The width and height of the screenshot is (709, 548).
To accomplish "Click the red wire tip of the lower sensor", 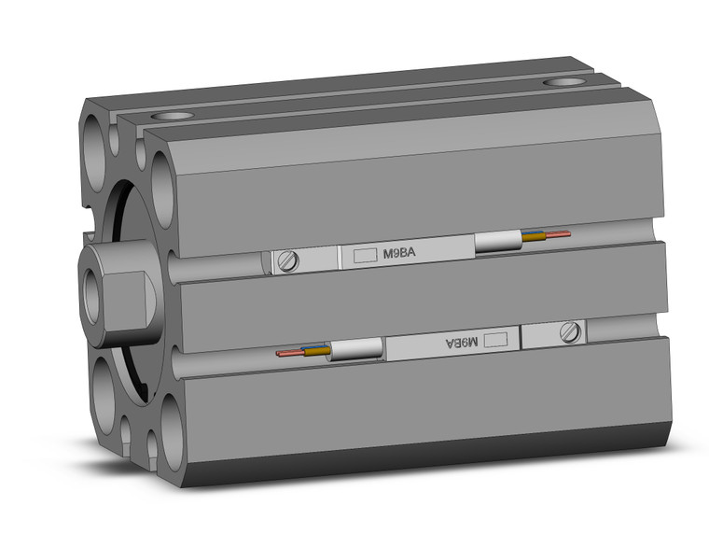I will [284, 354].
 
